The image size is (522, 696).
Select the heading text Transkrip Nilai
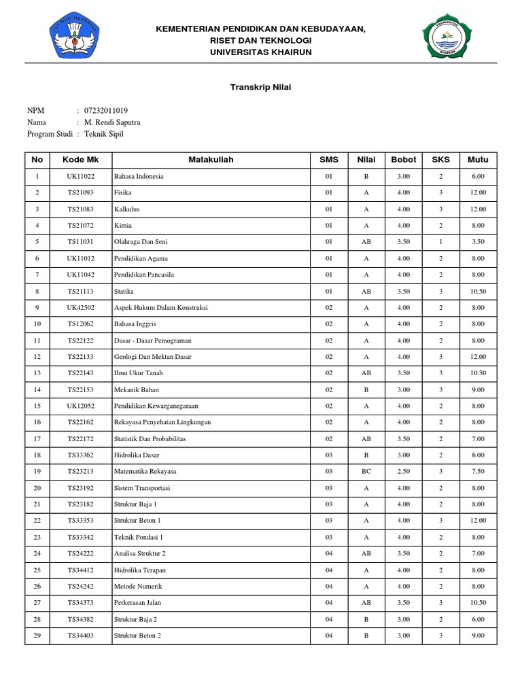point(261,87)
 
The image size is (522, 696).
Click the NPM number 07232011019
point(106,111)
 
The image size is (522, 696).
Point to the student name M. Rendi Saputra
point(112,122)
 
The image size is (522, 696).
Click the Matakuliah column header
point(211,160)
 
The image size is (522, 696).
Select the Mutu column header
point(478,160)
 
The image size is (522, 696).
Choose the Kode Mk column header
point(81,160)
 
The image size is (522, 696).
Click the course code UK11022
point(81,176)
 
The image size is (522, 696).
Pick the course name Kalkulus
point(128,209)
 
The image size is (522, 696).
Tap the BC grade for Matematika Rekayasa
point(366,471)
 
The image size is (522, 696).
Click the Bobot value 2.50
point(404,471)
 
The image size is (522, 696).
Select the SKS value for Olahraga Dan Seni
point(440,241)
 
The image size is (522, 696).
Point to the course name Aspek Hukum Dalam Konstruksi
point(161,307)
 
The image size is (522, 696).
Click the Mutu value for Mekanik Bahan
point(478,389)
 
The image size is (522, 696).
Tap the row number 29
point(37,636)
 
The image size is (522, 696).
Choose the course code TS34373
point(81,602)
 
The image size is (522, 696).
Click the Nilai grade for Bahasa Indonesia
point(366,176)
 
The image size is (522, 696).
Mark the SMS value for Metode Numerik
point(329,586)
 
